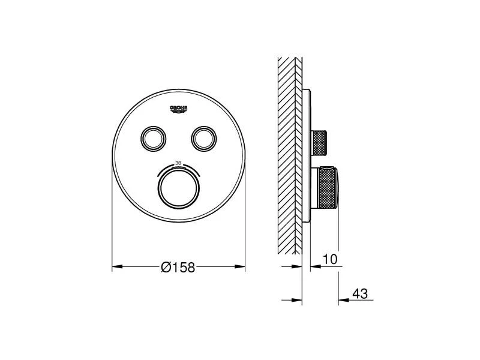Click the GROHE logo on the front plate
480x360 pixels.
[x=179, y=109]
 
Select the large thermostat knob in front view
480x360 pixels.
[x=179, y=188]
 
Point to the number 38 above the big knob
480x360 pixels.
[x=178, y=162]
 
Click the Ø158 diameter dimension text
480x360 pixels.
[x=178, y=268]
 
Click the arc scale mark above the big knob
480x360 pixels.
[x=178, y=167]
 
